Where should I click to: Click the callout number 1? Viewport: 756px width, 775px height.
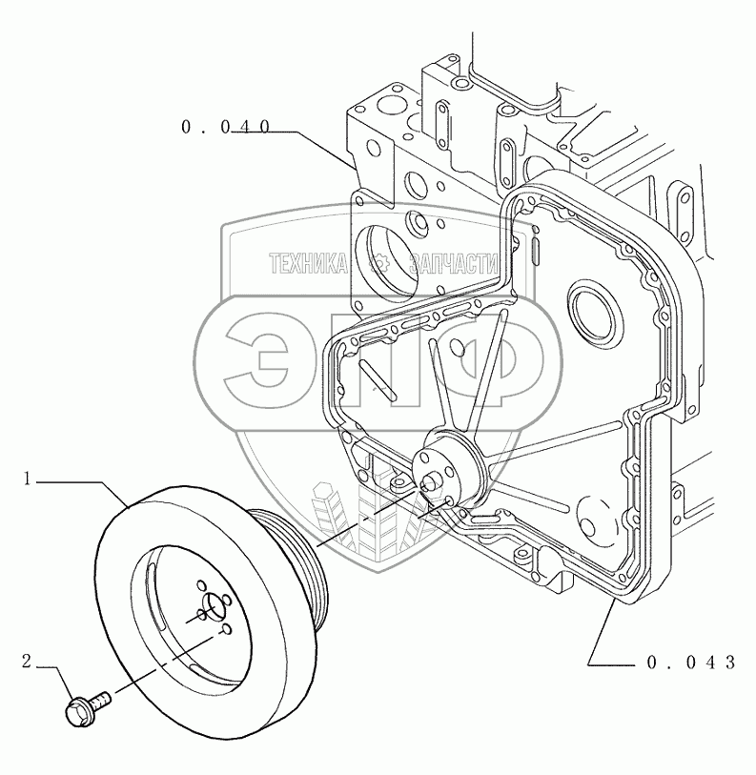[29, 479]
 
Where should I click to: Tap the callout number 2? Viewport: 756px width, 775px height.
[26, 662]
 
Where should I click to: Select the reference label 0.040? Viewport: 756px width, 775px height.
[226, 128]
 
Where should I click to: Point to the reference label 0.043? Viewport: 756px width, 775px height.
[691, 663]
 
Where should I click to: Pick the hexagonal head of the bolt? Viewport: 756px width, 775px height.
[75, 712]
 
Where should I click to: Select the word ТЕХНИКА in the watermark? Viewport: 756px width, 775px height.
[308, 263]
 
